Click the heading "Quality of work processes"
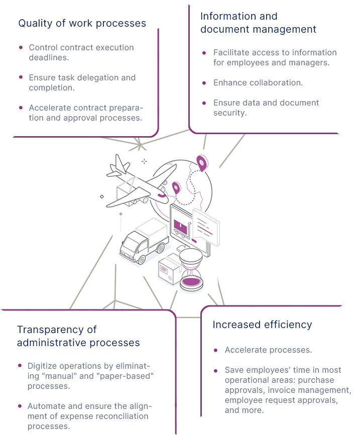[x=82, y=23]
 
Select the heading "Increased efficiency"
[x=262, y=324]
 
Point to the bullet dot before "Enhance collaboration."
[x=203, y=82]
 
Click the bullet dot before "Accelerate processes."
[x=215, y=350]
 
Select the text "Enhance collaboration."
[x=258, y=82]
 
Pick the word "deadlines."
[x=49, y=57]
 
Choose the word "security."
[x=230, y=113]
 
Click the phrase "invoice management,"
[x=312, y=390]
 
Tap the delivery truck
[x=143, y=240]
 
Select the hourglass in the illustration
[x=191, y=269]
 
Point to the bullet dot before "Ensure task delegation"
[x=21, y=77]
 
